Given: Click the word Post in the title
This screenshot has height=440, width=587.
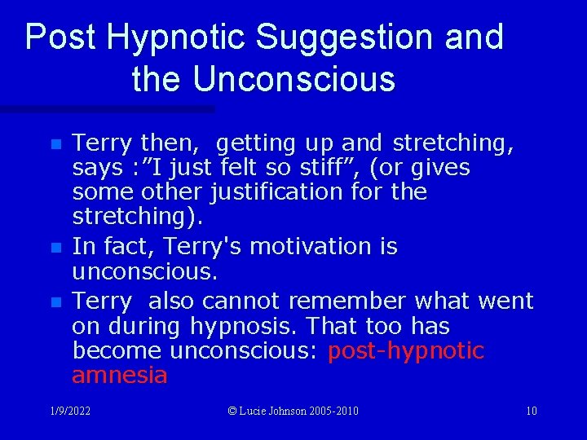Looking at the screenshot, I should pyautogui.click(x=61, y=38).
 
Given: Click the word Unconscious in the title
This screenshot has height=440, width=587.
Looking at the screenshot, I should pyautogui.click(x=293, y=79).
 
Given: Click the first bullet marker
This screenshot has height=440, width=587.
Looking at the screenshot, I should pyautogui.click(x=55, y=144).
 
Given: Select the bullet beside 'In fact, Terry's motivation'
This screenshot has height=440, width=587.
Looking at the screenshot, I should pyautogui.click(x=55, y=247).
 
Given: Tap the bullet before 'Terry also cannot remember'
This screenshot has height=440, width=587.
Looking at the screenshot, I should pyautogui.click(x=55, y=302).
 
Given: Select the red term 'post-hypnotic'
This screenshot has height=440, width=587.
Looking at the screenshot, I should pyautogui.click(x=405, y=351).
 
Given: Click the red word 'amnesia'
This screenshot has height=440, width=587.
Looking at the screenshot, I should pyautogui.click(x=119, y=376).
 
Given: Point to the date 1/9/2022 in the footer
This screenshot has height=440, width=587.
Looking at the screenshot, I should pyautogui.click(x=69, y=411).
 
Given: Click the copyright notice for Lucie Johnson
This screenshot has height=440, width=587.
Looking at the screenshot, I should pyautogui.click(x=293, y=411).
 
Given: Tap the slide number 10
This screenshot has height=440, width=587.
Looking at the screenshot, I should pyautogui.click(x=531, y=411).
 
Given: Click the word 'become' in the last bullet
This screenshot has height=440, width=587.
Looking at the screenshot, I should pyautogui.click(x=117, y=351).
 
